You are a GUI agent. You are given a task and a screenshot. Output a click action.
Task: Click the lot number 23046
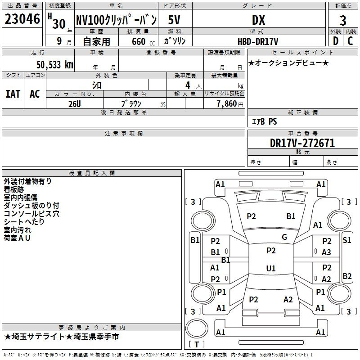(22, 19)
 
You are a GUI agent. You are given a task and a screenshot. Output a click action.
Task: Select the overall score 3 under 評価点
(343, 20)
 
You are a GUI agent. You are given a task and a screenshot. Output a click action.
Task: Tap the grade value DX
(258, 20)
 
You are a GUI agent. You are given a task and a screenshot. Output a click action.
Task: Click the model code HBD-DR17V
(258, 41)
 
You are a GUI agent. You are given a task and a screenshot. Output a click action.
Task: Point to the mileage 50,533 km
(55, 65)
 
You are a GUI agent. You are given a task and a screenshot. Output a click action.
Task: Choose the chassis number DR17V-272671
(302, 143)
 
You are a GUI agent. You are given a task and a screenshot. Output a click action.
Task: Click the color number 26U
(75, 104)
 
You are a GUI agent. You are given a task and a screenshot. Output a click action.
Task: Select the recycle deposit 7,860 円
(230, 104)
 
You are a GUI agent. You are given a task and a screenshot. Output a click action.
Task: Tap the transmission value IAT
(13, 94)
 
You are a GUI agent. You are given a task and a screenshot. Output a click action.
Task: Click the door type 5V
(174, 20)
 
